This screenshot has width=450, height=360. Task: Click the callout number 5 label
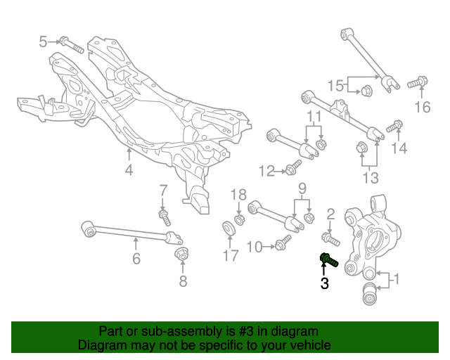(43, 41)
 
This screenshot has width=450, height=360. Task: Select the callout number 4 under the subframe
(129, 169)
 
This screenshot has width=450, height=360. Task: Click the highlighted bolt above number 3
(328, 261)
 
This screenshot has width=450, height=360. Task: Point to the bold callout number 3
(324, 284)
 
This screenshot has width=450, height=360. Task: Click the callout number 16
(422, 107)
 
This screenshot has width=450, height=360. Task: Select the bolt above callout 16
(418, 83)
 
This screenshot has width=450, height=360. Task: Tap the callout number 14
(399, 148)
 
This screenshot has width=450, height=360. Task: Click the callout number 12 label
(266, 170)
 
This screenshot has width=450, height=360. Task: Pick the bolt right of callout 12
(293, 167)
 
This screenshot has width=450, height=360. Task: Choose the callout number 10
(254, 246)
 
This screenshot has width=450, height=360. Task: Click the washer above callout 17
(229, 229)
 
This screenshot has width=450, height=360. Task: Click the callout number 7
(162, 189)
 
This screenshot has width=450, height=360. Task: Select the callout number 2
(330, 214)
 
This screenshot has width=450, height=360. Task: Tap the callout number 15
(335, 86)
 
